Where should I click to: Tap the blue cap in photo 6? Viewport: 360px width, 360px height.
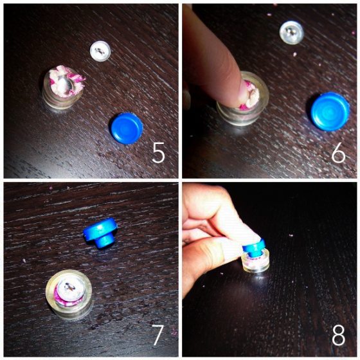330,110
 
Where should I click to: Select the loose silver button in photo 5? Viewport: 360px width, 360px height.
100,50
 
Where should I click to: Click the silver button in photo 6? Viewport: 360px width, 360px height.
292,32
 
